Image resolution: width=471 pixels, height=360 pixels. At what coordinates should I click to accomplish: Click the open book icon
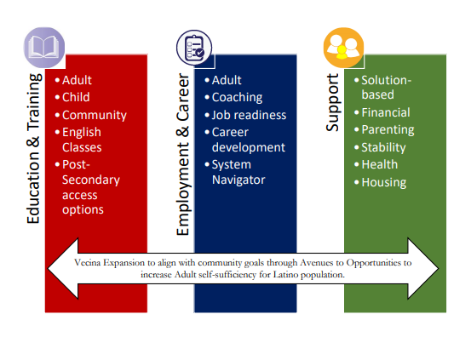click(44, 47)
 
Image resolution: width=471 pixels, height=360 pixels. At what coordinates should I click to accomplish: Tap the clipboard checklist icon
click(194, 48)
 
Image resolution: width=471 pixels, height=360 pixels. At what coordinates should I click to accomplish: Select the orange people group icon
click(343, 48)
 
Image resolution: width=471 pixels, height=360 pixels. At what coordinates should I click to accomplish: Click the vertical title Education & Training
click(34, 148)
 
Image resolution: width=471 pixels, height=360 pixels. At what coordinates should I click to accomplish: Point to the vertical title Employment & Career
click(183, 154)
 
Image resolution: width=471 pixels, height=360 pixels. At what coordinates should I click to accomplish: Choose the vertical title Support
click(332, 102)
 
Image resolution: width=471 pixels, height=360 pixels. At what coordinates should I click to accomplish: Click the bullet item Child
click(76, 97)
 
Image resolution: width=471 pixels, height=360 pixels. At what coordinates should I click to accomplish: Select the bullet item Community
click(95, 115)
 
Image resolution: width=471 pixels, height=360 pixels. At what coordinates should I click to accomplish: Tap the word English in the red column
click(82, 133)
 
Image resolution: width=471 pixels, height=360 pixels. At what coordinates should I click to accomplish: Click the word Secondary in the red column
click(91, 180)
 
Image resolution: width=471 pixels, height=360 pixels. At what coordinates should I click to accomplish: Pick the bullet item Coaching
click(237, 98)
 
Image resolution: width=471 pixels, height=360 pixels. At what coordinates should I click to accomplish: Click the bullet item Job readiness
click(249, 115)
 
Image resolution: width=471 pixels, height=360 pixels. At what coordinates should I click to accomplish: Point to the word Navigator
click(238, 180)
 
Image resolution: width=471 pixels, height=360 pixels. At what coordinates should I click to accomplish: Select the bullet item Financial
click(386, 112)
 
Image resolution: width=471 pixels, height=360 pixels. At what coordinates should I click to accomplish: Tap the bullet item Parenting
click(388, 130)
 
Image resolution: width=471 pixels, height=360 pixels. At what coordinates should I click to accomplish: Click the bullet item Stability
click(383, 148)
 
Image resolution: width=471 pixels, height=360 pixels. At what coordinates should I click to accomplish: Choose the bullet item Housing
click(384, 182)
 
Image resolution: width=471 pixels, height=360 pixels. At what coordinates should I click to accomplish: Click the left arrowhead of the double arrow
click(63, 268)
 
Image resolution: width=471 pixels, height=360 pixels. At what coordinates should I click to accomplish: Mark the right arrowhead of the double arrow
click(423, 268)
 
